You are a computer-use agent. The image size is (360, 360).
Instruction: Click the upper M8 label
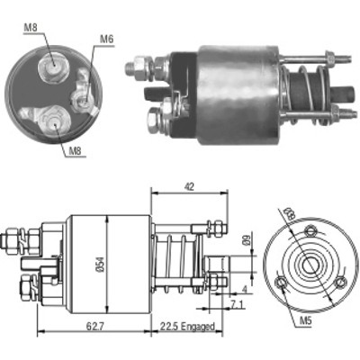(x=30, y=28)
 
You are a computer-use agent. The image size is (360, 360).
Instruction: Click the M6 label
(x=107, y=40)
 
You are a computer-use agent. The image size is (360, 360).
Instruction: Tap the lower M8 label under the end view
(x=76, y=151)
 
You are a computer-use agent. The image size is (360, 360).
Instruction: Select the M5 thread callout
(x=306, y=321)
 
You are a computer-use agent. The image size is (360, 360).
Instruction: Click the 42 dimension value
(x=189, y=187)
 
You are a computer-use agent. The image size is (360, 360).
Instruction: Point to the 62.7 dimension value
(x=94, y=326)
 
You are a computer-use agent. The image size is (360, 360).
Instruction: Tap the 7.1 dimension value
(x=238, y=305)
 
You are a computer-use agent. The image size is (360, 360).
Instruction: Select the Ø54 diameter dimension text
(x=101, y=265)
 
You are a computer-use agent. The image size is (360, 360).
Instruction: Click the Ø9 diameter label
(x=247, y=241)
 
